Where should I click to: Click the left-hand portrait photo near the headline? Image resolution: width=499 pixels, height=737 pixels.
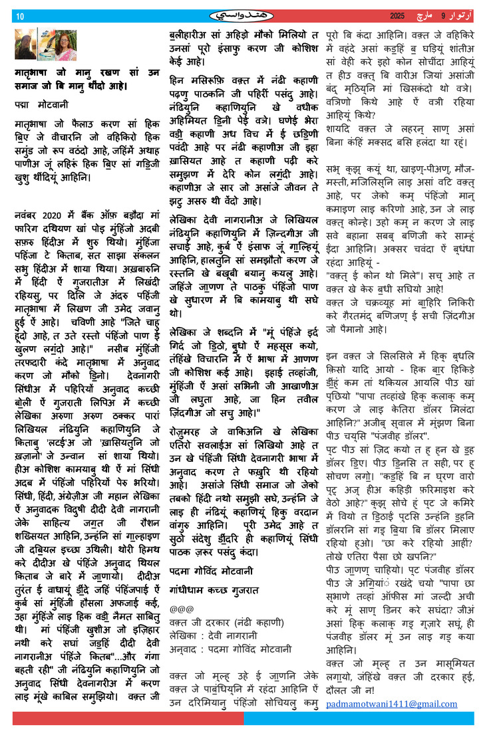[25, 45]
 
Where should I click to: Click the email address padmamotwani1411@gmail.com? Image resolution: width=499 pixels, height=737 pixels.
[391, 704]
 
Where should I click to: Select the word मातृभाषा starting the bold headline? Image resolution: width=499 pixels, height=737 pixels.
[35, 74]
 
